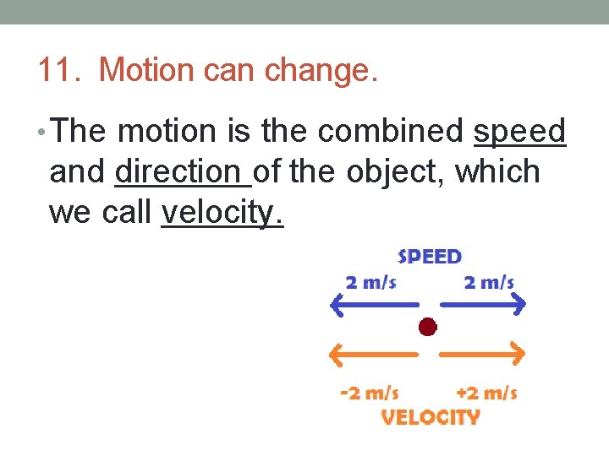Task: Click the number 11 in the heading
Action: pyautogui.click(x=57, y=70)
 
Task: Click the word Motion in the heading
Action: pyautogui.click(x=145, y=70)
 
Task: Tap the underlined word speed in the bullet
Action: pyautogui.click(x=518, y=132)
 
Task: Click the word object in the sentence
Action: pyautogui.click(x=397, y=171)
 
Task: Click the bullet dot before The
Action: pyautogui.click(x=43, y=133)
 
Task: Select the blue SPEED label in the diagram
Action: pyautogui.click(x=430, y=256)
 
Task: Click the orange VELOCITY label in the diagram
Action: pyautogui.click(x=431, y=417)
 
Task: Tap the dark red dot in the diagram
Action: pyautogui.click(x=428, y=327)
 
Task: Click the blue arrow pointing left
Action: pyautogui.click(x=372, y=304)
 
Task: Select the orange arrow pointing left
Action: pyautogui.click(x=372, y=354)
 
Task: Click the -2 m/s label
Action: pyautogui.click(x=369, y=393)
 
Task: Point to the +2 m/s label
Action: pyautogui.click(x=486, y=393)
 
